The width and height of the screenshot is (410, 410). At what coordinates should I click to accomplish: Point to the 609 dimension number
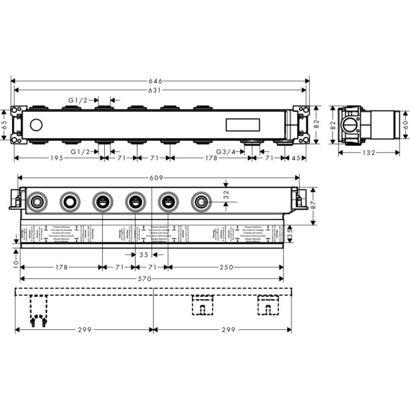pyautogui.click(x=157, y=179)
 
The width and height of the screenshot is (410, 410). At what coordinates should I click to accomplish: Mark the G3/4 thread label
pyautogui.click(x=226, y=151)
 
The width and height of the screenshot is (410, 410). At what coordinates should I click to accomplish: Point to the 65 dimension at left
pyautogui.click(x=4, y=124)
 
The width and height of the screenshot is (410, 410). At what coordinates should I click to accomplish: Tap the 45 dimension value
pyautogui.click(x=295, y=158)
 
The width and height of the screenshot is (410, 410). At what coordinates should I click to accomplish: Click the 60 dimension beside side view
pyautogui.click(x=406, y=124)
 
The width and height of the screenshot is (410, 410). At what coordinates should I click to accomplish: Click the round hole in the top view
pyautogui.click(x=35, y=125)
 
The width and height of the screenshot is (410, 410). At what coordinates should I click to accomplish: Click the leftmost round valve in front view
pyautogui.click(x=36, y=202)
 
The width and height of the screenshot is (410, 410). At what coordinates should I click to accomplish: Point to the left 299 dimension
pyautogui.click(x=86, y=329)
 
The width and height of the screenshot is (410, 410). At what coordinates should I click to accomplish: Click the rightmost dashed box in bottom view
pyautogui.click(x=267, y=305)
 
